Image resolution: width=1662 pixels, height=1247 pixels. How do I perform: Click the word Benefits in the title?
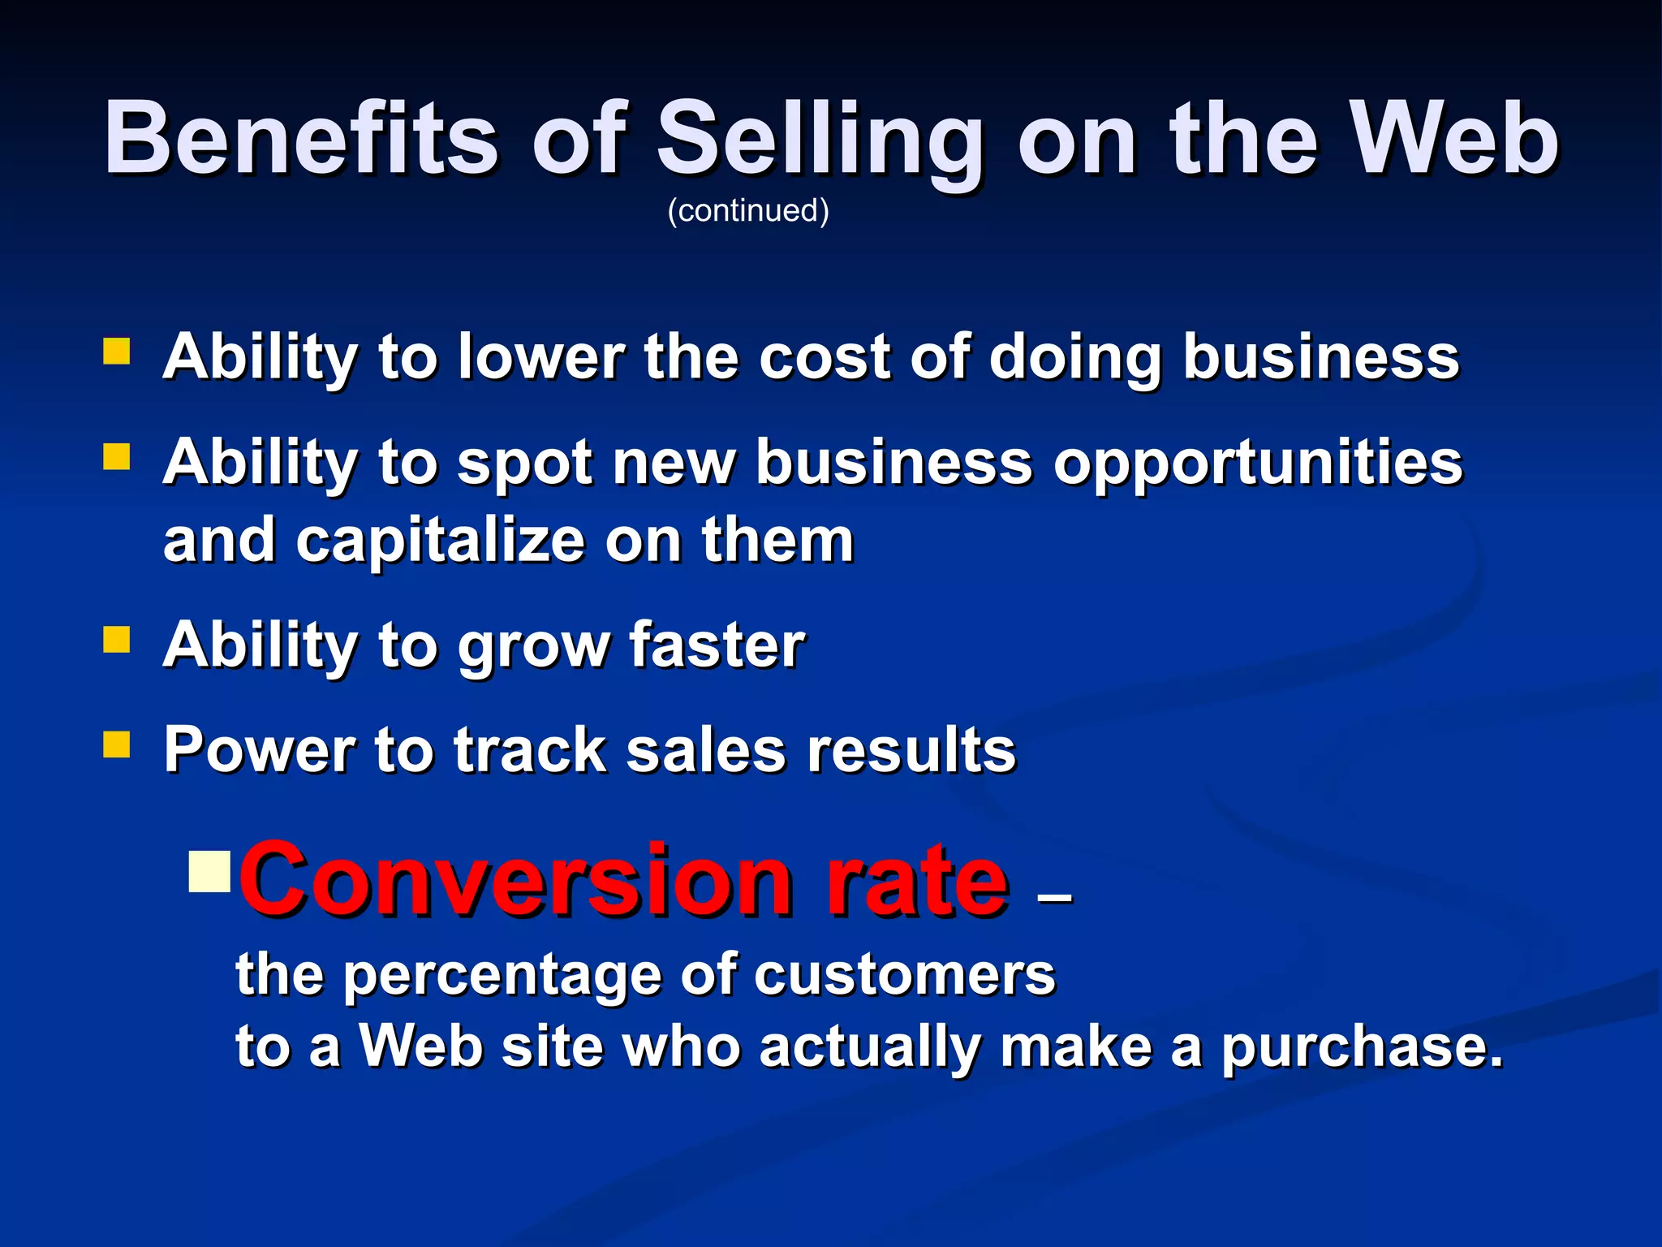coord(300,138)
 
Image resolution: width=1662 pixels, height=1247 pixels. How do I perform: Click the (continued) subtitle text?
coord(747,210)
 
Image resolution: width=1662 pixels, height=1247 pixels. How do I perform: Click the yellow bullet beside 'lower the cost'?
coord(117,352)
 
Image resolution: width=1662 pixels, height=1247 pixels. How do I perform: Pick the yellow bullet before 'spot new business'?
coord(117,457)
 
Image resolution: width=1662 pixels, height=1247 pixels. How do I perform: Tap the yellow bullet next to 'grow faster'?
coord(117,640)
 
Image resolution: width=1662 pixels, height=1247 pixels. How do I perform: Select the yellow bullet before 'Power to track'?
coord(117,744)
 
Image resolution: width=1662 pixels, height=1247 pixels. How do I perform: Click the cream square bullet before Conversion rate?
coord(209,872)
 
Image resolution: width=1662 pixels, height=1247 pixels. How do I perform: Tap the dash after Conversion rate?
coord(1054,898)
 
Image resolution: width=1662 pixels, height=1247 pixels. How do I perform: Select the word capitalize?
coord(440,540)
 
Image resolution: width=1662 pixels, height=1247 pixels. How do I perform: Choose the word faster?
coord(717,645)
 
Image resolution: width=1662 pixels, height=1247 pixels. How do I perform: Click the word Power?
coord(259,749)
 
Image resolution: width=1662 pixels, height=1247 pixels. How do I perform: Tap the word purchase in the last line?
coord(1362,1048)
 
